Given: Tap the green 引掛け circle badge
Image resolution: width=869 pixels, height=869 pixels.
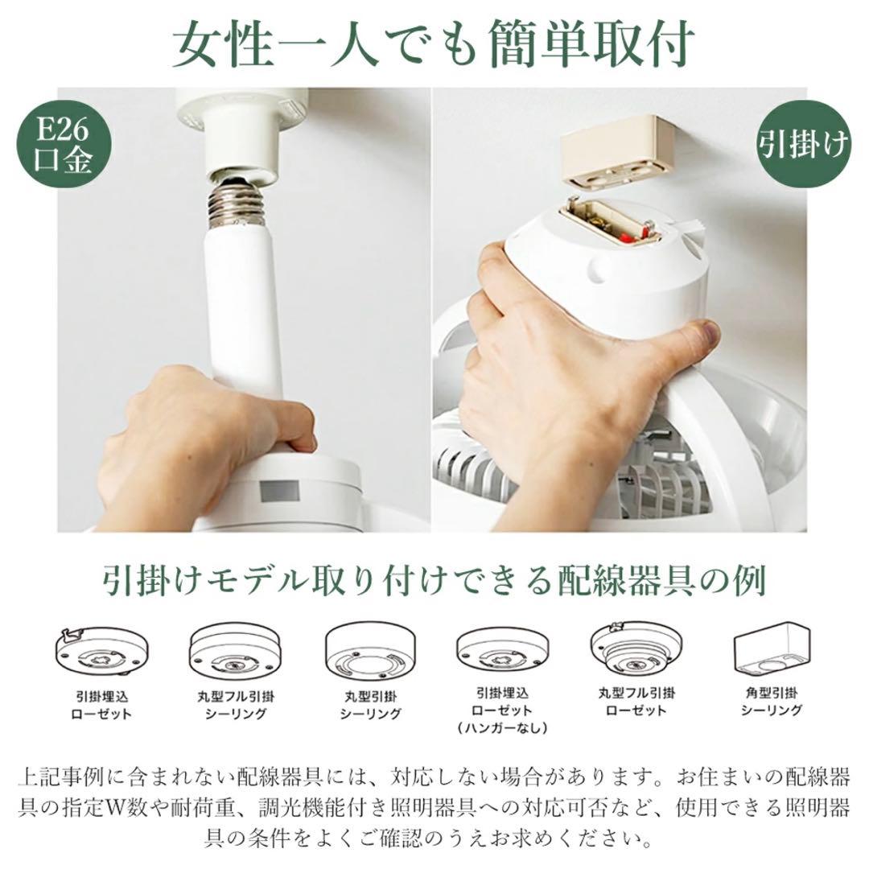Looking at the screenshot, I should pos(802,145).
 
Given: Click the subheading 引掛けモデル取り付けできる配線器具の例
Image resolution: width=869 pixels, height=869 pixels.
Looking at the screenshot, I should pos(434,581).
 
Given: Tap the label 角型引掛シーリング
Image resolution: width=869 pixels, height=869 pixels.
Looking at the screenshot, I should pos(771,701).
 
